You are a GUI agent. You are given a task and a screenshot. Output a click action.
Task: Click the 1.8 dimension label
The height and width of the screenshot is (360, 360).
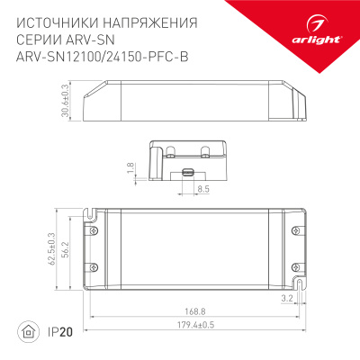coord(130,167)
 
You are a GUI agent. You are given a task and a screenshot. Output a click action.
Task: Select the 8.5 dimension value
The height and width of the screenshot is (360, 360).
coord(202,189)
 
